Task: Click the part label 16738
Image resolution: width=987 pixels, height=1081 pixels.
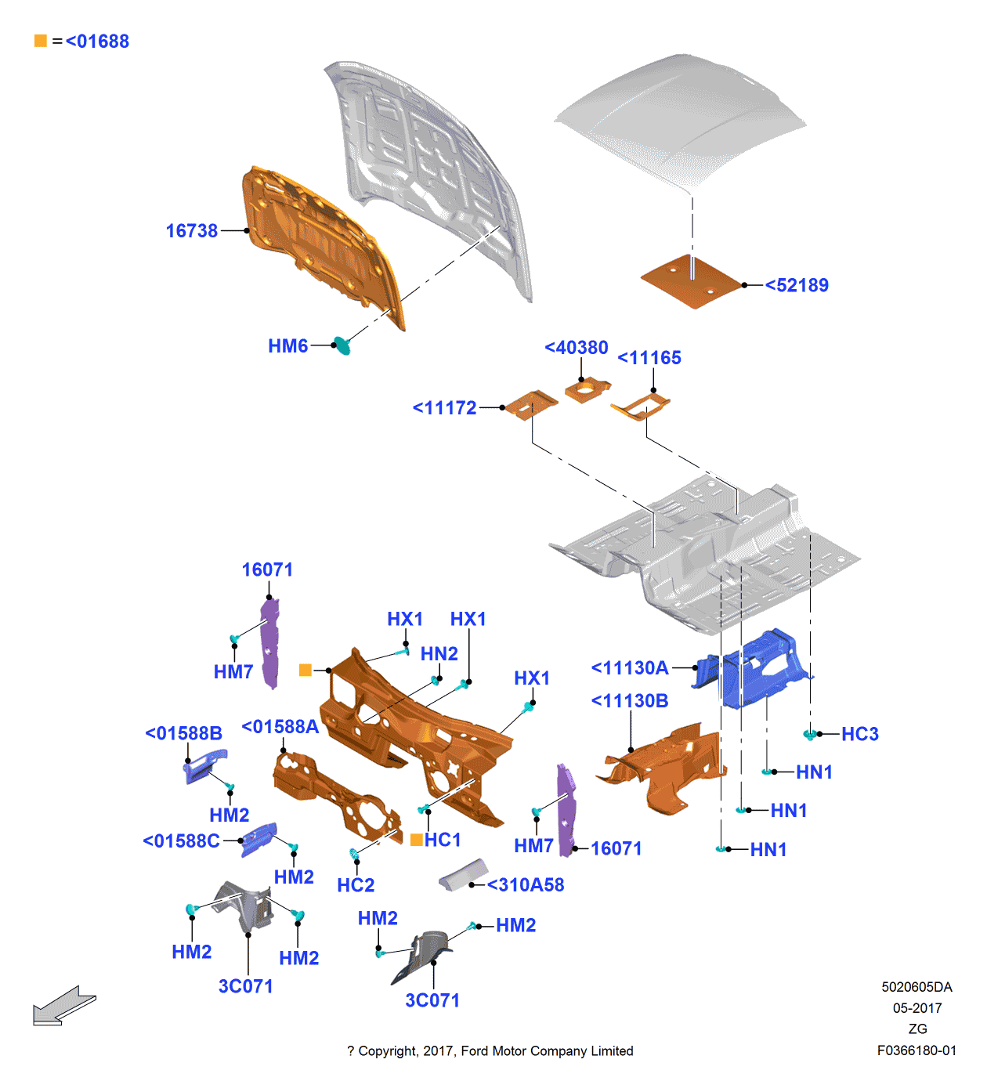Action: tap(191, 231)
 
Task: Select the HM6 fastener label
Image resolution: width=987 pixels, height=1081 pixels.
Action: tap(287, 346)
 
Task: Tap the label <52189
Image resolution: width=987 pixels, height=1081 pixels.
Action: tap(797, 285)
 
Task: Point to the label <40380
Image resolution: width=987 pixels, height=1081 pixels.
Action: tap(577, 348)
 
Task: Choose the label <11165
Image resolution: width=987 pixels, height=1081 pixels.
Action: tap(649, 358)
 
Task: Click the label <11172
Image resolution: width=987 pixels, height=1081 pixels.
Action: tap(445, 408)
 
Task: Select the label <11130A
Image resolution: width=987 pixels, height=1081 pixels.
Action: tap(630, 668)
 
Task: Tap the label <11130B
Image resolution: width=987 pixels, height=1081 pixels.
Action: tap(630, 701)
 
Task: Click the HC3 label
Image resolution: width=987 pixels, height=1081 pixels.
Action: tap(859, 735)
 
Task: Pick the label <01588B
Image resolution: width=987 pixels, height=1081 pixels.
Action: tap(183, 734)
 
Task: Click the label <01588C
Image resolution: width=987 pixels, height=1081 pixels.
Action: tap(181, 841)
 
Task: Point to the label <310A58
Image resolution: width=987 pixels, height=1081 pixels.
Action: tap(526, 885)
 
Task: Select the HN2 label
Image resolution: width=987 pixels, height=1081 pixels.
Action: tap(439, 654)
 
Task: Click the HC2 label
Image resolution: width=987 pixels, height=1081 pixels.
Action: tap(356, 886)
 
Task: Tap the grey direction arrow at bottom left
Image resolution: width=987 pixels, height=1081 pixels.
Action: tap(63, 1006)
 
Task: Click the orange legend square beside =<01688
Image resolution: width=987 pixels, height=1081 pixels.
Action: tap(41, 41)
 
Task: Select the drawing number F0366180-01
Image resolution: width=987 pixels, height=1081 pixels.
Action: tap(916, 1050)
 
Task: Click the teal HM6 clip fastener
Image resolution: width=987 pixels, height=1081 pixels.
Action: tap(342, 345)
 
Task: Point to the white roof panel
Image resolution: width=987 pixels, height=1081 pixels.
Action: tap(681, 117)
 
